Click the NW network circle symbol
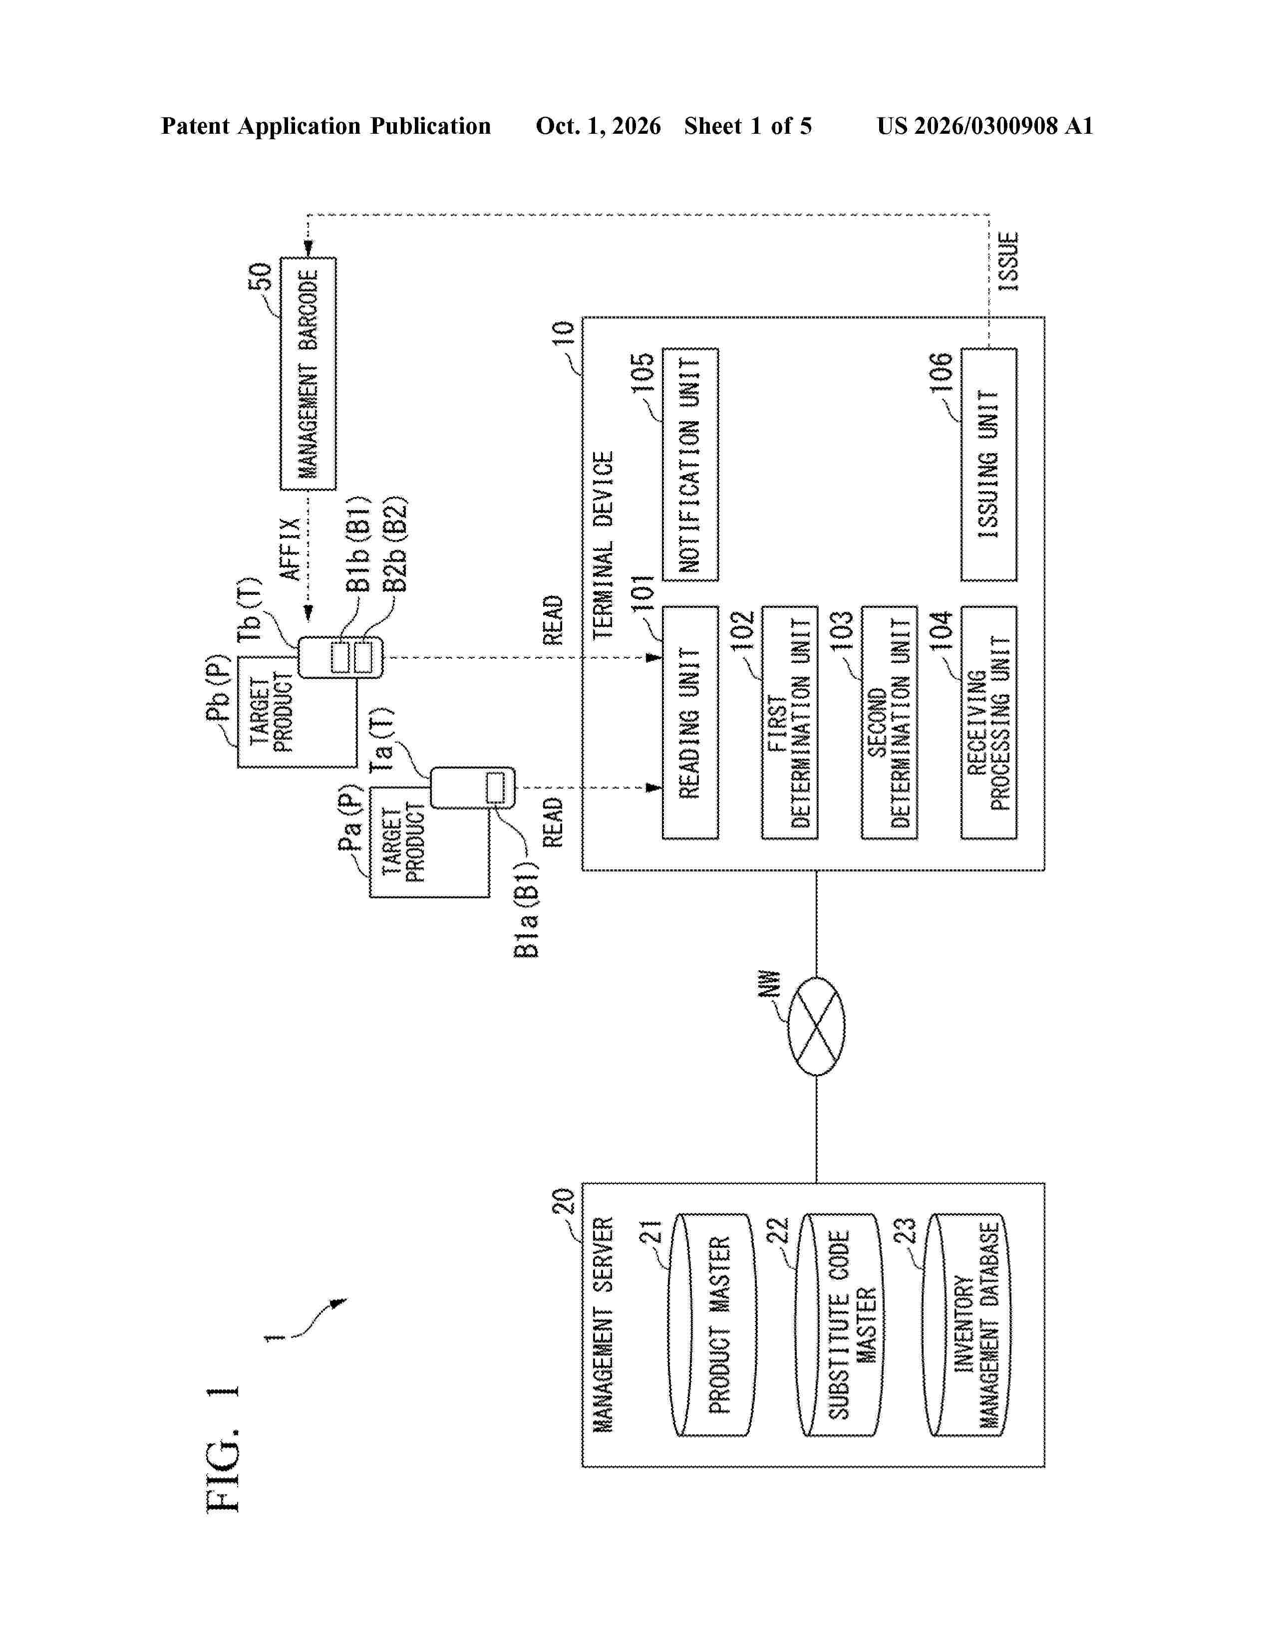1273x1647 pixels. pyautogui.click(x=816, y=1026)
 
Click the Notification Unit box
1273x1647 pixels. pyautogui.click(x=690, y=465)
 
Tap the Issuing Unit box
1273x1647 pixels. pyautogui.click(x=988, y=465)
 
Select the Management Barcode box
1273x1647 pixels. pyautogui.click(x=308, y=373)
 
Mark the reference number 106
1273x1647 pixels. pyautogui.click(x=941, y=372)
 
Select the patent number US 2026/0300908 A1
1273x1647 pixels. pyautogui.click(x=985, y=126)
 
